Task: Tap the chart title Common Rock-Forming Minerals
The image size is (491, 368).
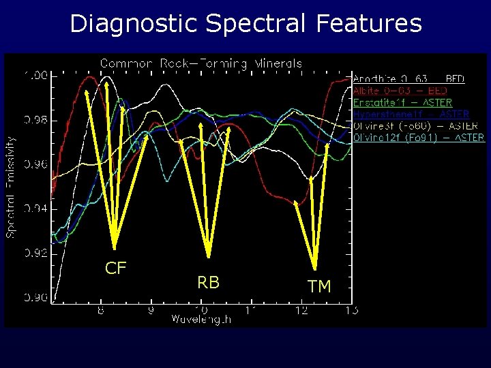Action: click(x=201, y=63)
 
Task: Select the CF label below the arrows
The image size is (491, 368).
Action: click(x=116, y=268)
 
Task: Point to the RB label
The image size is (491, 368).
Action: click(x=208, y=282)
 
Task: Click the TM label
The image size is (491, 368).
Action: click(x=318, y=287)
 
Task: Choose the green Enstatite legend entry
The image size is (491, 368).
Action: click(x=402, y=102)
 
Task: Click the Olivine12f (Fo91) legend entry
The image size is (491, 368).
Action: click(x=419, y=138)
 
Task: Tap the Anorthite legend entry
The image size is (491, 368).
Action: click(x=408, y=79)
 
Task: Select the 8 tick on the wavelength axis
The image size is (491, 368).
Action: click(x=100, y=310)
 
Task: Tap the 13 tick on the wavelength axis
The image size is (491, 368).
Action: click(x=351, y=310)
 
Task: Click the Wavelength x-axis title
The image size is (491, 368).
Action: click(x=201, y=319)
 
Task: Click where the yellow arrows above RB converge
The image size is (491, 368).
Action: click(x=208, y=258)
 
